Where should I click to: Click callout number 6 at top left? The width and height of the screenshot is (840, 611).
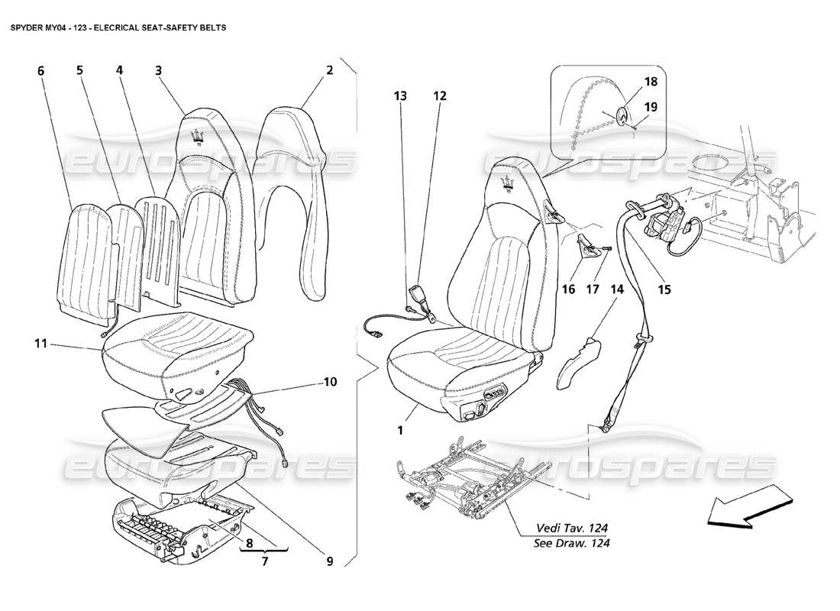point(40,70)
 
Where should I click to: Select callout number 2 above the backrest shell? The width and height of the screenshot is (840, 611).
point(329,70)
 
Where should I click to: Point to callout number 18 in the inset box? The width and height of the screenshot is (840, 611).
point(650,81)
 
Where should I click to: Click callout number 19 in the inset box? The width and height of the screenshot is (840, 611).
point(650,108)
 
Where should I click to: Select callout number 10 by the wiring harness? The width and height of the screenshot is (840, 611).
point(329,380)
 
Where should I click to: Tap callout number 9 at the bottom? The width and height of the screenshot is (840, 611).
point(329,561)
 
